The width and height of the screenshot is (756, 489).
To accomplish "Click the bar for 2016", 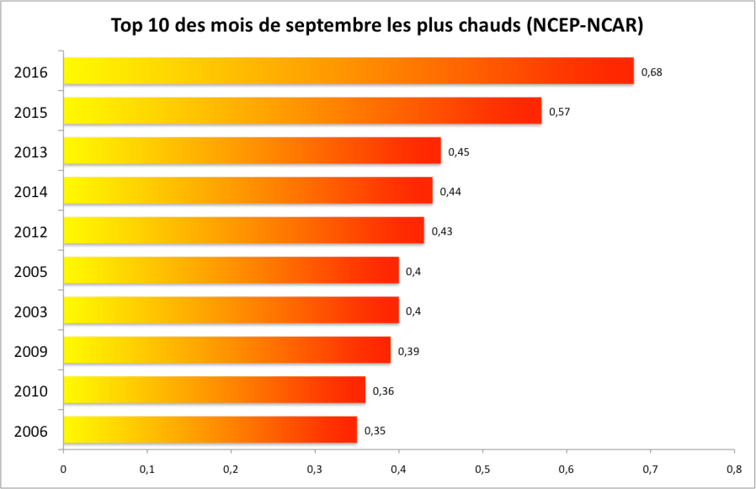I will (x=349, y=71).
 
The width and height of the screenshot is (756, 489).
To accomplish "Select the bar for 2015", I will (x=302, y=111).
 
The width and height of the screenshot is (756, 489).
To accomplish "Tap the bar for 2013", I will (x=252, y=151).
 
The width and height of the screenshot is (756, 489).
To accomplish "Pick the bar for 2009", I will (x=226, y=350).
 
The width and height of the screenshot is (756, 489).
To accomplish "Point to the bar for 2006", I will (x=210, y=430).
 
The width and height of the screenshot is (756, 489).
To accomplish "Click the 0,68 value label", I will (x=652, y=72).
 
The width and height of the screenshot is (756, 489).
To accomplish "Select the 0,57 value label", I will (x=560, y=111).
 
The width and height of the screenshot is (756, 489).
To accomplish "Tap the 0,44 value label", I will (x=450, y=191).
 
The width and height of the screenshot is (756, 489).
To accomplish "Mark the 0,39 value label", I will (x=408, y=351).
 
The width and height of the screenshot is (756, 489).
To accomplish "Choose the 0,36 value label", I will (x=383, y=391).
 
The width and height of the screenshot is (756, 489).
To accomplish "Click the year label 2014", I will (x=30, y=192).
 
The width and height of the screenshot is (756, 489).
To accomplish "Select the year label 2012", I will (x=30, y=231).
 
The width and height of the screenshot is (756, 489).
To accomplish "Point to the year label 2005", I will (x=30, y=272).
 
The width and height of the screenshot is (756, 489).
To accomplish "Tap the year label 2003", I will (x=30, y=311).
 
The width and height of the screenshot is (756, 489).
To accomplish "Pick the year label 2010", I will (x=30, y=391).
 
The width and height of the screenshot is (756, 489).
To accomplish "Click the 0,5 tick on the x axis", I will (x=482, y=469).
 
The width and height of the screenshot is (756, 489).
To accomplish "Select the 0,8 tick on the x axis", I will (x=733, y=469).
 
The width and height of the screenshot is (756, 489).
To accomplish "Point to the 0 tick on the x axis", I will (x=63, y=469).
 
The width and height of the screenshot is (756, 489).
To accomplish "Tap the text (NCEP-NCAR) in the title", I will (x=584, y=26).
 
